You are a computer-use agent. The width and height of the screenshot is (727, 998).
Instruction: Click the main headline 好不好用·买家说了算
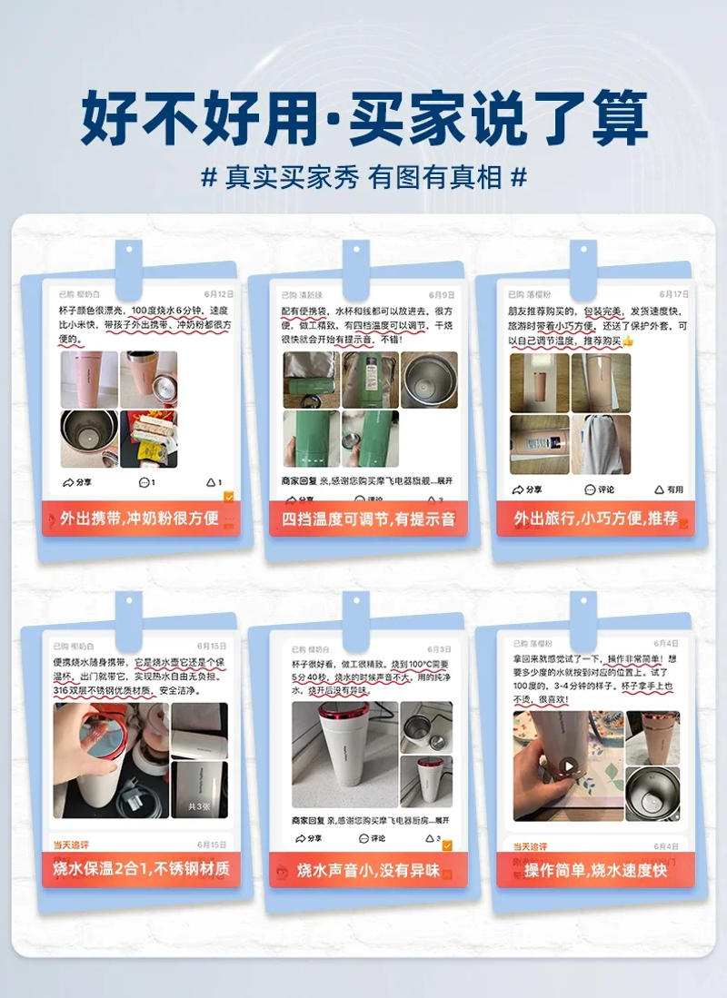[363, 118]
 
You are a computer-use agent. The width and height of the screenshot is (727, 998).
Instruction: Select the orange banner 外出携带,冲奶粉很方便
[140, 519]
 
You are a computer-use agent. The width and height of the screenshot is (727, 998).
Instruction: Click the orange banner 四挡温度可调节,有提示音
[367, 519]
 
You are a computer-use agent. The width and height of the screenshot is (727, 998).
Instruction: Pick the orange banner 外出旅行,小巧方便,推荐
[595, 519]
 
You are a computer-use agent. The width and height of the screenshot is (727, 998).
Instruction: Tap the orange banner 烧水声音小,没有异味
[368, 870]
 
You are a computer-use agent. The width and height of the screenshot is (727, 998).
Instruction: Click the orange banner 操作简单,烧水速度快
[595, 870]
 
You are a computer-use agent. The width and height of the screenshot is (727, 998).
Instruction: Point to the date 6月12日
[219, 294]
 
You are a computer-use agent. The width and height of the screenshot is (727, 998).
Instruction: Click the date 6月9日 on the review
[442, 295]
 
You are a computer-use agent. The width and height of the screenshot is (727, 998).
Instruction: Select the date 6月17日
[673, 294]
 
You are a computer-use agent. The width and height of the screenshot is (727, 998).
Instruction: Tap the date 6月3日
[439, 649]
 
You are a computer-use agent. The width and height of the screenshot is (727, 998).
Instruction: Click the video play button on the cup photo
[569, 766]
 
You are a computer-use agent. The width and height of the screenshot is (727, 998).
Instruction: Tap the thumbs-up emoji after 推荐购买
[627, 341]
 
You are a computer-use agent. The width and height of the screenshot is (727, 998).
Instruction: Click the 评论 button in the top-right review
[600, 489]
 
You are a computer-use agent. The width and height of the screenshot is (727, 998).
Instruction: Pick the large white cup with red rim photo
[344, 754]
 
